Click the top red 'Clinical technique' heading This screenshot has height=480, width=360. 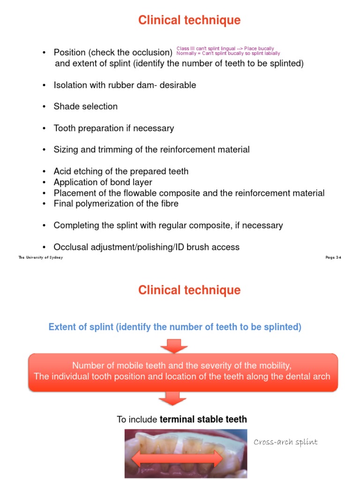[x=189, y=20]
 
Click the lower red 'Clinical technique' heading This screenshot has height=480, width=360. [x=189, y=290]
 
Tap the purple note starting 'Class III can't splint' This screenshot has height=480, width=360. [x=225, y=48]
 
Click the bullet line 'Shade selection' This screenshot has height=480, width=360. [x=85, y=106]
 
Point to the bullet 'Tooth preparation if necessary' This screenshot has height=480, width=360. [x=113, y=128]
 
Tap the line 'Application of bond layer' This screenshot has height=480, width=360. [x=103, y=182]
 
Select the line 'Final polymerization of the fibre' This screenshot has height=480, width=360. [x=116, y=203]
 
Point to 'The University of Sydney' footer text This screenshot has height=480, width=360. [x=40, y=257]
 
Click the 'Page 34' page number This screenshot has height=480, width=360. [x=333, y=257]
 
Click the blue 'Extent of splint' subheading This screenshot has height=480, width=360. [x=175, y=327]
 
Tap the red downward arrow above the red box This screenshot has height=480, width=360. [x=173, y=346]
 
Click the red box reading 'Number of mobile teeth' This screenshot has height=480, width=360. [x=182, y=371]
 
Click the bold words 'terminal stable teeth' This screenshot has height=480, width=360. [x=203, y=419]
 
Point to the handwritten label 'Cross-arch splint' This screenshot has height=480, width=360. [x=285, y=442]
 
